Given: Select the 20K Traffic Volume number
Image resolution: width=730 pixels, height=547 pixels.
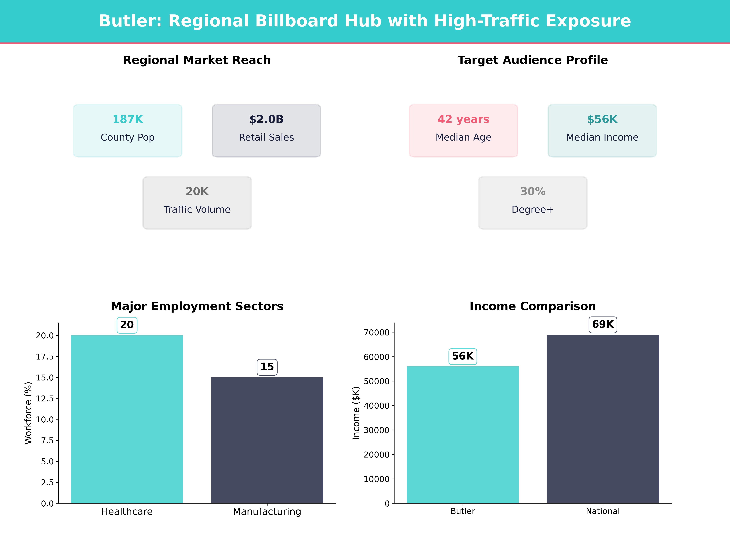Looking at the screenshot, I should click(x=197, y=191).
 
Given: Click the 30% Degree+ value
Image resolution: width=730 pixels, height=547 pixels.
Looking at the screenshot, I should click(x=533, y=191).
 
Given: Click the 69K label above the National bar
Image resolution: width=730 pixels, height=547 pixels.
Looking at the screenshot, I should click(x=603, y=324).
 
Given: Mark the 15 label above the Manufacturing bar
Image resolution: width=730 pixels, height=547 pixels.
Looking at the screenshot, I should click(x=267, y=367).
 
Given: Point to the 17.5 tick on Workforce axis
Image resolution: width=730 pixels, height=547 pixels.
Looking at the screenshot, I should click(x=45, y=356).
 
